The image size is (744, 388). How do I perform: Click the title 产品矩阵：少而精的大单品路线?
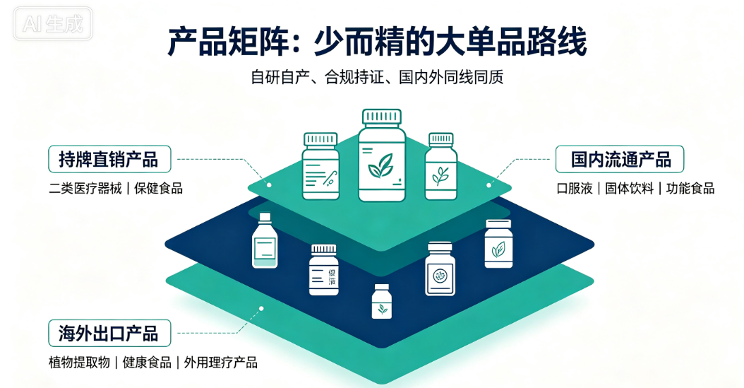click(377, 42)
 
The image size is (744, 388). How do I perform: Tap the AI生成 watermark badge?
click(53, 23)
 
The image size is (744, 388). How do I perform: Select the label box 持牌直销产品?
click(109, 159)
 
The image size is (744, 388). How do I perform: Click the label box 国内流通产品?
click(620, 159)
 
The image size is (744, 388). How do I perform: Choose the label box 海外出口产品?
click(109, 333)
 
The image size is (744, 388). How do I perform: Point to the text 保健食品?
click(159, 189)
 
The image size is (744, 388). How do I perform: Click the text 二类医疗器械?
click(85, 189)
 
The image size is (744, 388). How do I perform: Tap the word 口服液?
click(575, 189)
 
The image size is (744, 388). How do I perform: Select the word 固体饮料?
click(629, 189)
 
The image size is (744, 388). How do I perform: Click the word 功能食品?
click(690, 189)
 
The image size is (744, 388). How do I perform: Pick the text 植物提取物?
click(79, 363)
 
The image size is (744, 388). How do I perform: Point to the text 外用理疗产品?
click(221, 363)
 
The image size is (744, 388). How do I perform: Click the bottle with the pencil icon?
click(320, 166)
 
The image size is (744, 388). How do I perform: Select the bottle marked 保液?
click(324, 270)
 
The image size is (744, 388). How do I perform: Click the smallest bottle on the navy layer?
click(381, 301)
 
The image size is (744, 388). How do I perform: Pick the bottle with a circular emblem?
click(440, 269)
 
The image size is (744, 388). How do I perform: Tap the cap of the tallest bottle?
click(382, 117)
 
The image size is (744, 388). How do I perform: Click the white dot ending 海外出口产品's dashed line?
click(261, 309)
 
